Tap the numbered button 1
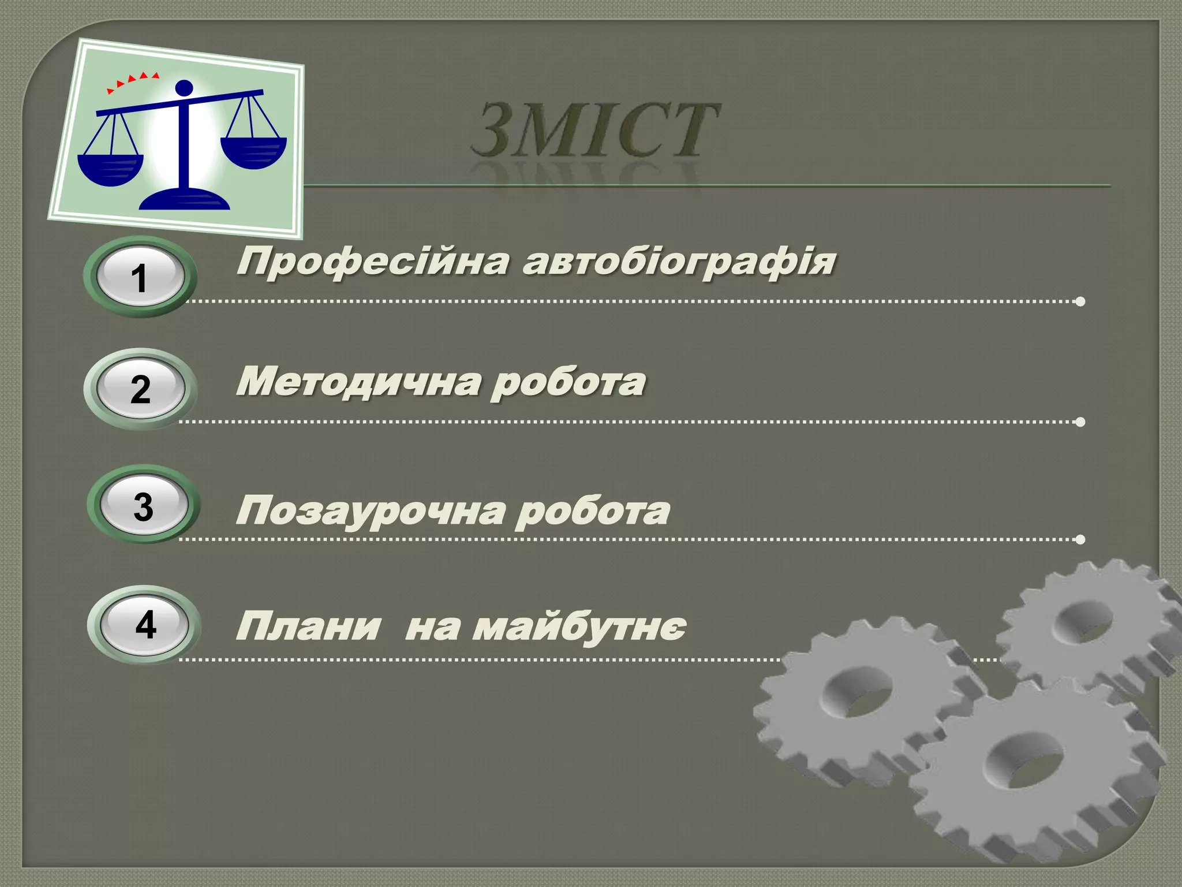(140, 277)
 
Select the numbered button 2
(140, 389)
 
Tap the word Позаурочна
(369, 512)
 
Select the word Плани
(308, 627)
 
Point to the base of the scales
(185, 200)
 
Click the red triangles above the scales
(132, 81)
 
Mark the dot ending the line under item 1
(1080, 301)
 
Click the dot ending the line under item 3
(1080, 539)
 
